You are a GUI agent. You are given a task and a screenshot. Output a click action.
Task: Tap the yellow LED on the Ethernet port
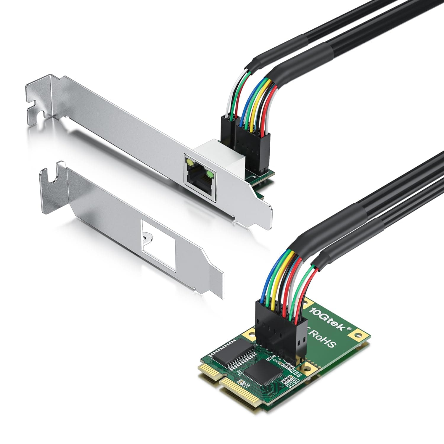pyautogui.click(x=188, y=162)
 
